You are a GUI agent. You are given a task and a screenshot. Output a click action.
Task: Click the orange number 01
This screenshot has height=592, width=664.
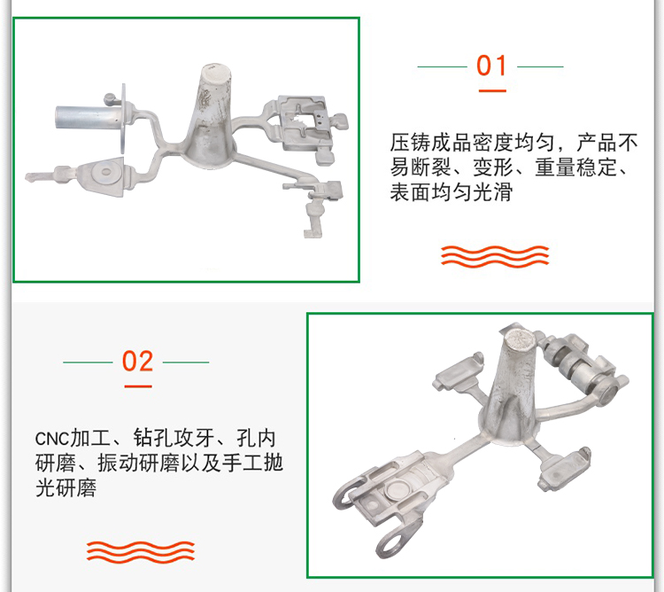click(x=491, y=66)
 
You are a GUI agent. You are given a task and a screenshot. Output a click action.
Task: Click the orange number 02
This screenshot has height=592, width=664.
click(x=137, y=361)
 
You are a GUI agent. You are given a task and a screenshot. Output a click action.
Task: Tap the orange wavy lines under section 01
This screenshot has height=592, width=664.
click(x=495, y=256)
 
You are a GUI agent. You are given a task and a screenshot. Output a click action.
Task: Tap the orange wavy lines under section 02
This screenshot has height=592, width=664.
click(x=141, y=551)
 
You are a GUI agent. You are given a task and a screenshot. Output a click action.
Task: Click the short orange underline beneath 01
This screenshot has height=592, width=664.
click(x=492, y=90)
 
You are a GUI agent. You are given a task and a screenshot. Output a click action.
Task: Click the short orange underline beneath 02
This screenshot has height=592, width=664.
click(x=138, y=386)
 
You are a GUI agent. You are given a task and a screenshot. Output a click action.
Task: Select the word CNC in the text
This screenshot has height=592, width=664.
click(x=51, y=439)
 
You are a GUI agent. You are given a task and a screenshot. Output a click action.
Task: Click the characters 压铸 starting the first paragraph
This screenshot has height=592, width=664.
click(x=410, y=143)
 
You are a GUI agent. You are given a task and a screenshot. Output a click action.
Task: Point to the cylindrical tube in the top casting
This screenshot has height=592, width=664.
click(x=87, y=117)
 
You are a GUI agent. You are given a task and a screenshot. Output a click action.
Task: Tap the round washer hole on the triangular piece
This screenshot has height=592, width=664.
click(x=105, y=172)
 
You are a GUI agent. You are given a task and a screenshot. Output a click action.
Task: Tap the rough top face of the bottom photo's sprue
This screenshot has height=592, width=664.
click(x=519, y=339)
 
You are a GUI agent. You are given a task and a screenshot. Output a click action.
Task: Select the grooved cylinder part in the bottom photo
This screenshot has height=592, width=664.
click(x=573, y=364)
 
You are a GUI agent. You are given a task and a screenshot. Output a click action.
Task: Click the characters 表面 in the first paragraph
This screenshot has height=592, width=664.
click(x=410, y=192)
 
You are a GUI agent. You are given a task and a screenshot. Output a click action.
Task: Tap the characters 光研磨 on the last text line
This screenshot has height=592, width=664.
click(x=66, y=487)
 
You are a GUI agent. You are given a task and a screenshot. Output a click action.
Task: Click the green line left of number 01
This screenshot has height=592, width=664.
click(x=443, y=66)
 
